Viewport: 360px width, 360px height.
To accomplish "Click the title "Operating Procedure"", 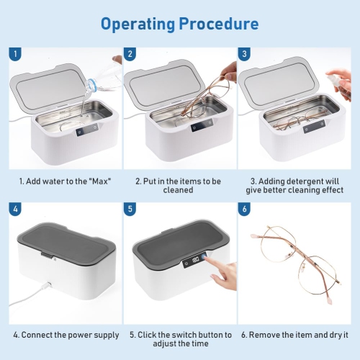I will click(x=179, y=23).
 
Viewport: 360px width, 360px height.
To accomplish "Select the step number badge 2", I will click(x=130, y=54).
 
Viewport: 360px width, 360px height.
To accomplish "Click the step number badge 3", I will click(x=244, y=54).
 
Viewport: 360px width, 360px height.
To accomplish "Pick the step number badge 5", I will click(x=130, y=210).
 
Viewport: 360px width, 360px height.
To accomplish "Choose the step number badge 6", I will click(x=244, y=210).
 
